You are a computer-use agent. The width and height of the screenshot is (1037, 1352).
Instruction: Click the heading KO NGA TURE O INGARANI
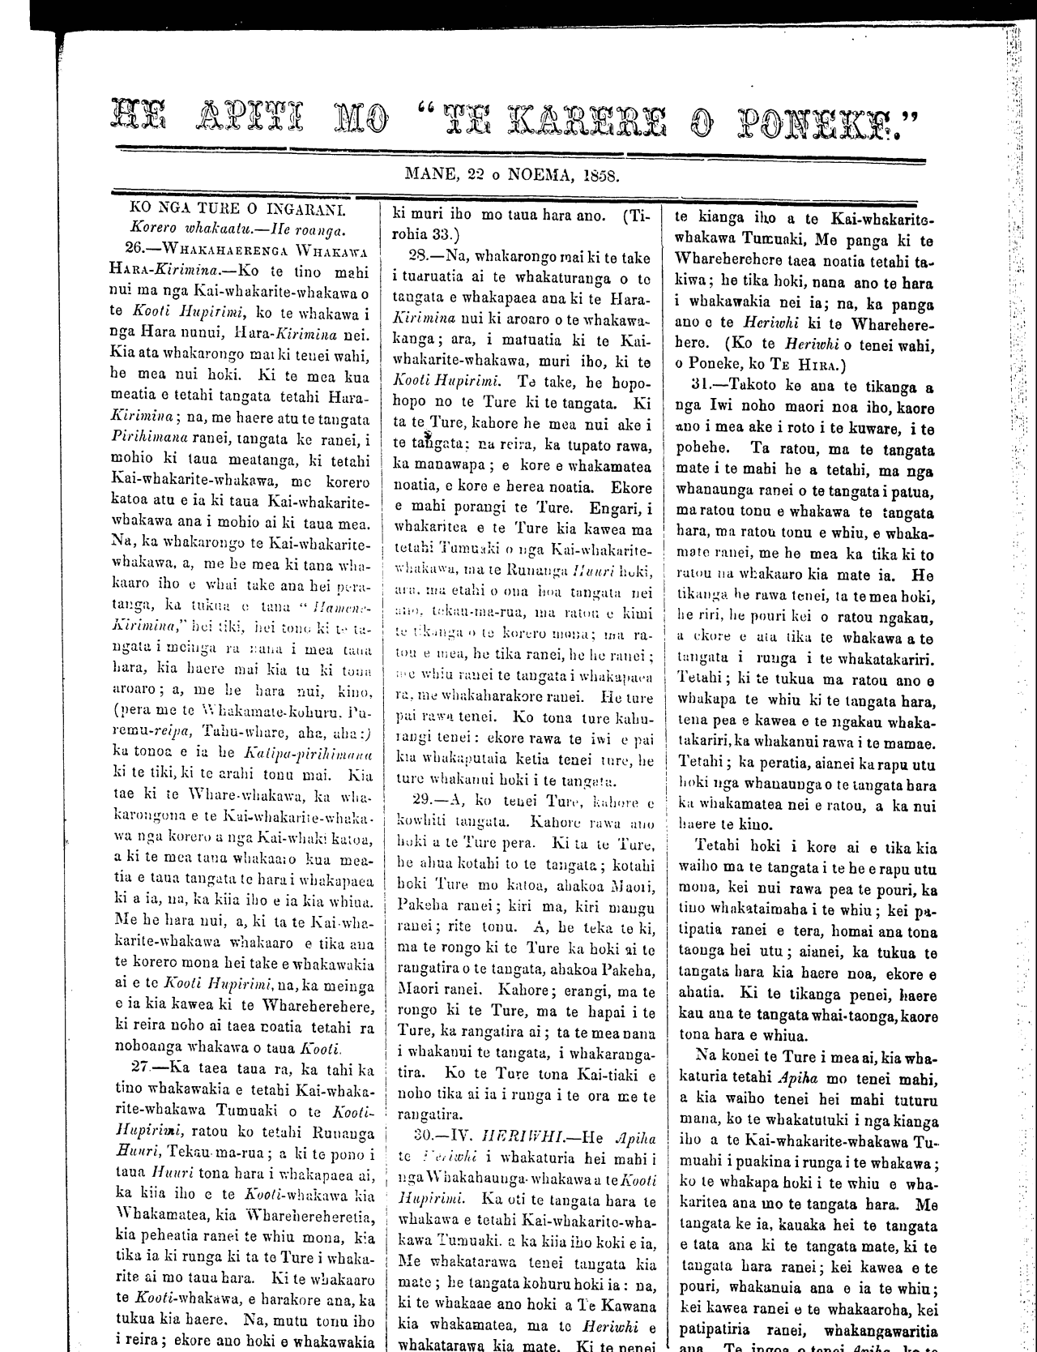pos(237,210)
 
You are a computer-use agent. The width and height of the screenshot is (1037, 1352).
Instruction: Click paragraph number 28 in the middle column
pos(424,257)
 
